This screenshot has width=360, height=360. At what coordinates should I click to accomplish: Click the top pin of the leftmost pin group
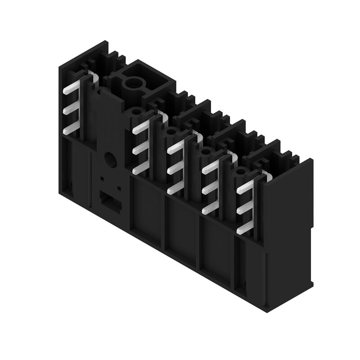[69, 89]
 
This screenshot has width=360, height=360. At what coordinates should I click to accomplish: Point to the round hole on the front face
[109, 158]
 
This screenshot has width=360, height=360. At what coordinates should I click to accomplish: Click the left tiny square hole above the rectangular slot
[103, 179]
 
